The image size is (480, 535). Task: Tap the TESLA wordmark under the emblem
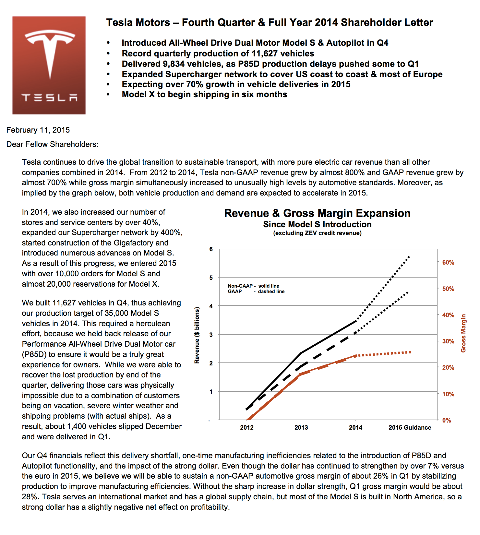(49, 97)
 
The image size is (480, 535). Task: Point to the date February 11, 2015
(38, 130)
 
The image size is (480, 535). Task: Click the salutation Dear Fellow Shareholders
(52, 144)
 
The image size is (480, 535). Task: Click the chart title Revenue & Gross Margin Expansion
(317, 213)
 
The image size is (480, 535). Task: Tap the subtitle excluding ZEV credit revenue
(317, 233)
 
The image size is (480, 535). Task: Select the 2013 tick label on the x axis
(301, 427)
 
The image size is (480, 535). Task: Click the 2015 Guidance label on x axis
(410, 427)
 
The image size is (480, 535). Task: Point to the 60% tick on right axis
(448, 263)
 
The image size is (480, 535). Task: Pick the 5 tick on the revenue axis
(211, 278)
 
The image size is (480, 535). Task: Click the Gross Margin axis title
(463, 333)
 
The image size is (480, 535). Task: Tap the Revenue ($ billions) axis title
(197, 335)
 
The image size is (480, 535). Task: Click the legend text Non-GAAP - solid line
(253, 286)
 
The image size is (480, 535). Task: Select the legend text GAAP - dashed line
(256, 291)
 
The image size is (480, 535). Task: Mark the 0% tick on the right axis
(446, 421)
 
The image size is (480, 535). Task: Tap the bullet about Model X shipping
(204, 94)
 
